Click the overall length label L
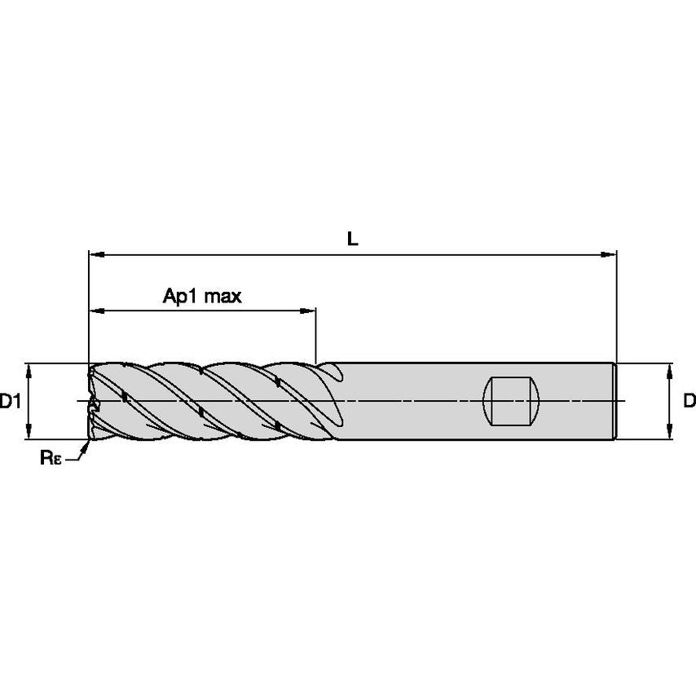(x=352, y=239)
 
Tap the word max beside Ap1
(x=222, y=296)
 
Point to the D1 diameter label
(x=9, y=402)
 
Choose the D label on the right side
(x=689, y=401)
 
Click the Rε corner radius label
(x=50, y=458)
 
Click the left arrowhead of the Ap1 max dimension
(x=95, y=311)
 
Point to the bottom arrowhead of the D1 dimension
(x=29, y=434)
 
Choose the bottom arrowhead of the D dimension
(x=670, y=434)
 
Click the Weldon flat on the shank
(x=512, y=401)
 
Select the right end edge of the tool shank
(x=615, y=401)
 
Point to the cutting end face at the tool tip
(x=90, y=402)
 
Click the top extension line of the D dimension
(x=644, y=362)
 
